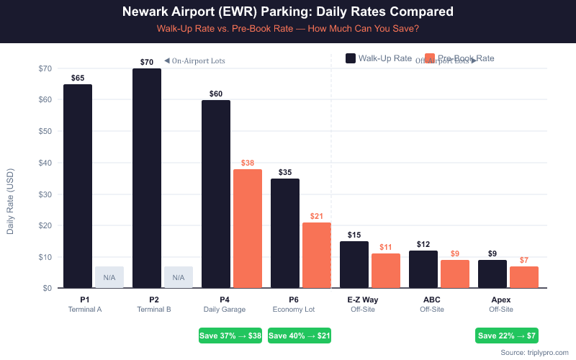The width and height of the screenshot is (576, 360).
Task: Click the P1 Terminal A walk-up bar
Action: (x=78, y=186)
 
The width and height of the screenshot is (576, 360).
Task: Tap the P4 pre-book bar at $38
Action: (x=248, y=228)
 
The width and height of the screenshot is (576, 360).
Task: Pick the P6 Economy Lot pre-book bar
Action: (x=317, y=255)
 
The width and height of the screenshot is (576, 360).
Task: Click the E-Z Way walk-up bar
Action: (x=354, y=264)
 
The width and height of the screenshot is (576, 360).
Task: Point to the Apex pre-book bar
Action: (x=524, y=277)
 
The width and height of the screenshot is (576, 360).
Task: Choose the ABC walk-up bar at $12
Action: (x=423, y=269)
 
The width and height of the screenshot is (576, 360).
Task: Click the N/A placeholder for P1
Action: (x=109, y=277)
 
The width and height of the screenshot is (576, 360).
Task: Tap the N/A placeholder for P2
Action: (x=179, y=277)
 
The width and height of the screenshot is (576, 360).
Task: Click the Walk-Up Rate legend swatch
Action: (x=351, y=58)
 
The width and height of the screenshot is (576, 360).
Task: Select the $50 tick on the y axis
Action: (x=45, y=131)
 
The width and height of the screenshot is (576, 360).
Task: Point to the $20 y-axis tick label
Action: (x=45, y=225)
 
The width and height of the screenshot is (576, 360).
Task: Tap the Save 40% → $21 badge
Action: (x=300, y=336)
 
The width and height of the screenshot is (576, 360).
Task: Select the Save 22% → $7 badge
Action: (x=507, y=336)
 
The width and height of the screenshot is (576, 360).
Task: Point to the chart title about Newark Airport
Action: (x=288, y=12)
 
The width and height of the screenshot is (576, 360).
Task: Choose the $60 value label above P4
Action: (x=216, y=94)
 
